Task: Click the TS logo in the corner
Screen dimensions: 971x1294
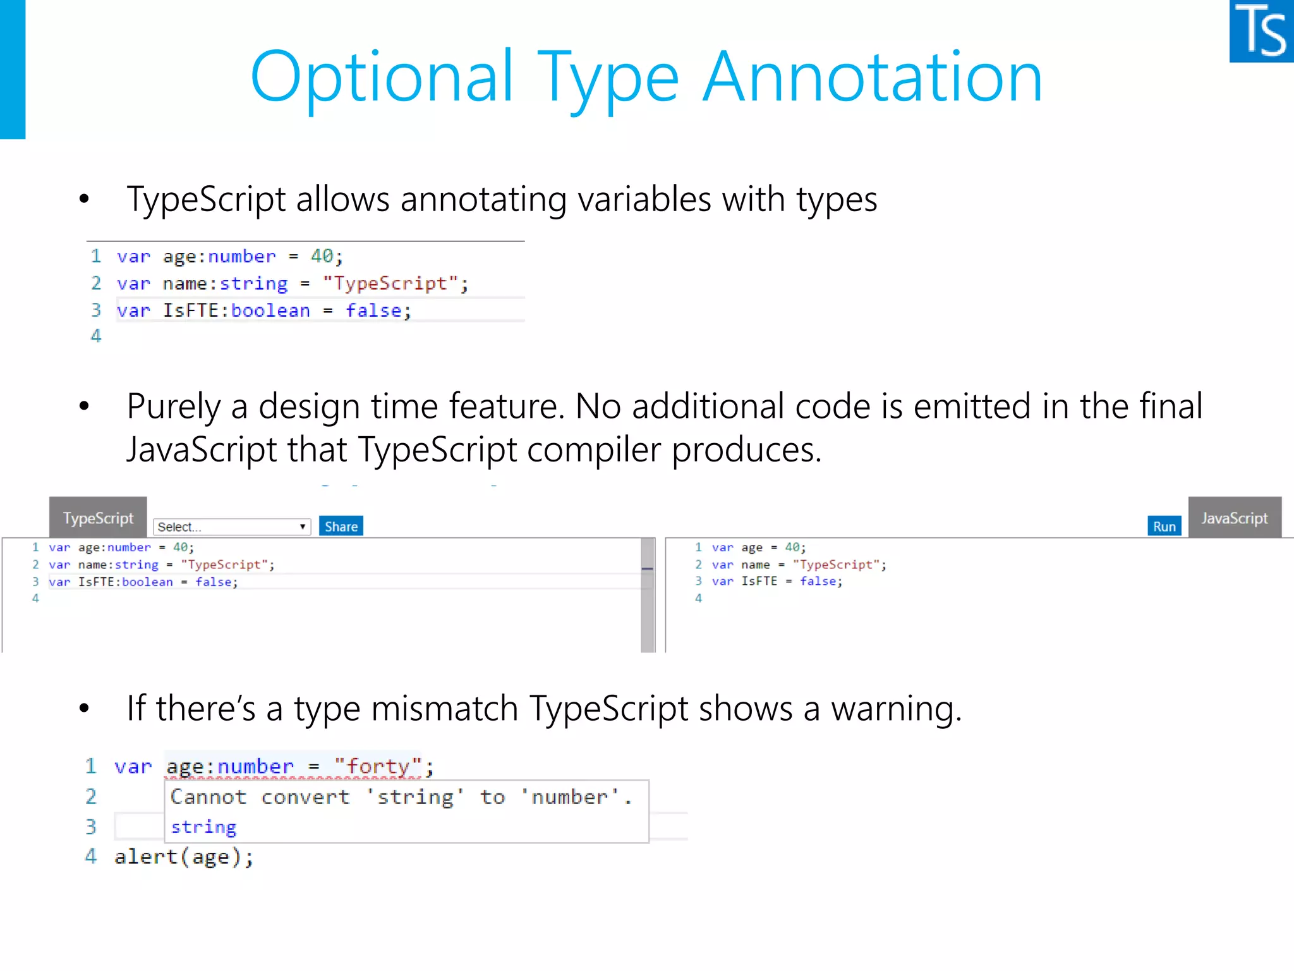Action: click(1261, 31)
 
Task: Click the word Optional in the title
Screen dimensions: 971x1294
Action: click(382, 77)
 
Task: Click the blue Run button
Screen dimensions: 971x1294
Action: click(1164, 526)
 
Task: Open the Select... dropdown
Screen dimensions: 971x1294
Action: click(232, 527)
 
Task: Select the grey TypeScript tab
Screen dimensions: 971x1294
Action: click(98, 518)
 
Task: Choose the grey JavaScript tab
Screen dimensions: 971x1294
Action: click(1234, 518)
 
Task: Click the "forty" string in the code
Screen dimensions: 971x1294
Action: click(378, 766)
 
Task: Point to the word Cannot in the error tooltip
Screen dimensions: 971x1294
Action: click(208, 797)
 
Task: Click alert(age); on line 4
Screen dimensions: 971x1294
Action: click(184, 857)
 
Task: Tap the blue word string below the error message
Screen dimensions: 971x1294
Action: click(203, 827)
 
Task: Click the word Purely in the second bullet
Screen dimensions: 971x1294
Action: click(174, 406)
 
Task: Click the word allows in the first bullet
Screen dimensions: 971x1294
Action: click(342, 200)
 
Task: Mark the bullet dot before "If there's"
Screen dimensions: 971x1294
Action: click(84, 709)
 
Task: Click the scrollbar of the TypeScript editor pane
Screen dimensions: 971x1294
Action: click(648, 594)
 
